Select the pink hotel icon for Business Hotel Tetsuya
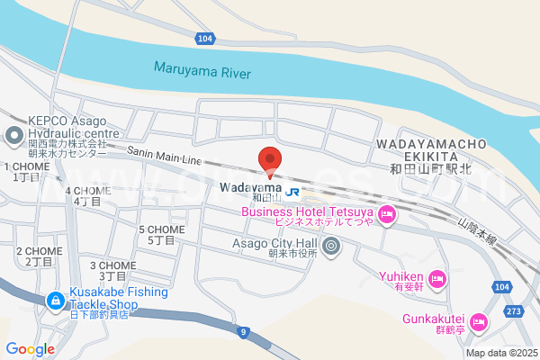(387, 214)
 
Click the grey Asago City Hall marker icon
(331, 245)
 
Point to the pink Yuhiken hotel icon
(437, 277)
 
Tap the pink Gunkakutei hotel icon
(479, 321)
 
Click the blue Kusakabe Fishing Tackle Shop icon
(55, 298)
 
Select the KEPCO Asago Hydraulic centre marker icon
(13, 138)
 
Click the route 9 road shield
(242, 333)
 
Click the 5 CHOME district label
(161, 235)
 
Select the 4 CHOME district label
(88, 195)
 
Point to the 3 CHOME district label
(112, 270)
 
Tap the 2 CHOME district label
(39, 256)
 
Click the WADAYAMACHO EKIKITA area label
(431, 150)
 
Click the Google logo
(30, 349)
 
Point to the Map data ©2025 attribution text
(499, 353)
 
